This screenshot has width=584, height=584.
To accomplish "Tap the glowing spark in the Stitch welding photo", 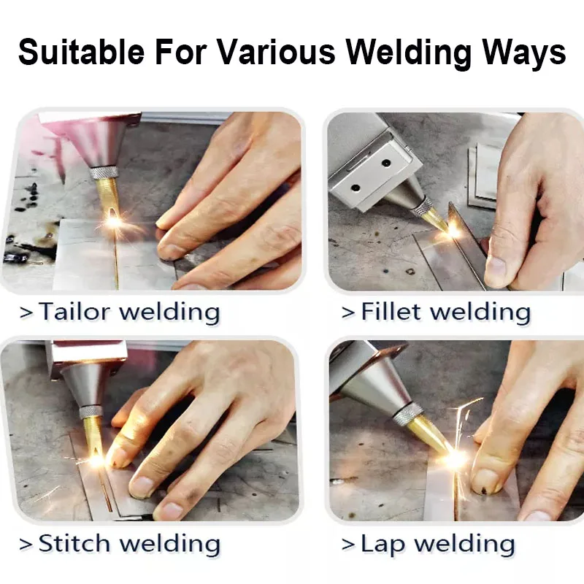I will point(96,460).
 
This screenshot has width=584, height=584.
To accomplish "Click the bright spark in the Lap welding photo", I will point(455,458).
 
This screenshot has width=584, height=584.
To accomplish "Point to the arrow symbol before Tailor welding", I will point(26,313).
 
